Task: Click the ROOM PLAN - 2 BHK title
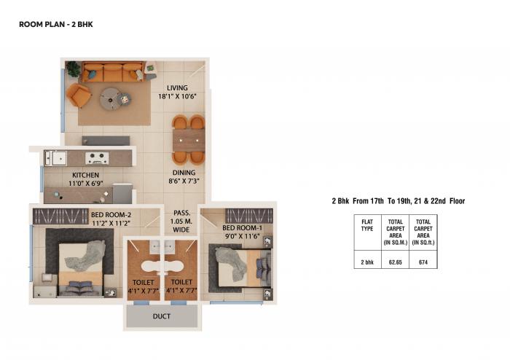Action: point(55,25)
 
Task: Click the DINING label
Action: point(184,173)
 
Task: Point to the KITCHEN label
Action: point(85,176)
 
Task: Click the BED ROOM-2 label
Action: point(111,214)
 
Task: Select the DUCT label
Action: point(162,317)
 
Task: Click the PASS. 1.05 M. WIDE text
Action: point(181,221)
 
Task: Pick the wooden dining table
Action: point(188,139)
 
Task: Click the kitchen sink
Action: point(56,157)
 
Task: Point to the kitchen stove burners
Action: point(97,157)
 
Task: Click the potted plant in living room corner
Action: point(73,69)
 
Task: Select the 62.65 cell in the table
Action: point(396,261)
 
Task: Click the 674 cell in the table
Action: point(423,261)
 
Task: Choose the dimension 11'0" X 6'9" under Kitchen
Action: point(85,184)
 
